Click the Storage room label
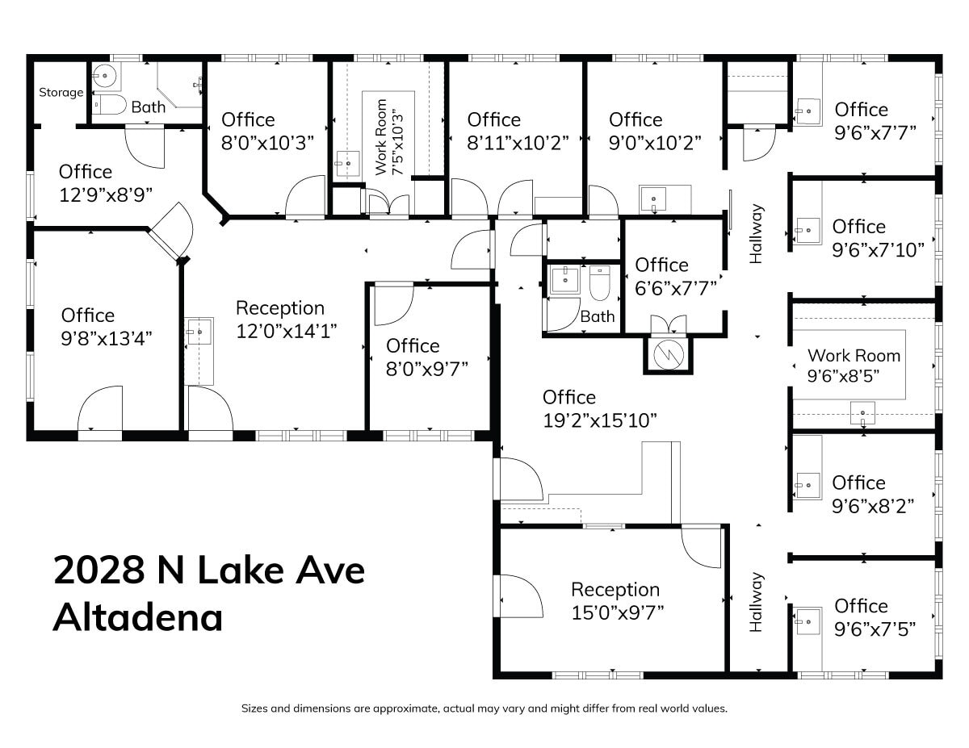coord(61,92)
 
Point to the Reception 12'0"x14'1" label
coord(280,319)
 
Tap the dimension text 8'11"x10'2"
coord(518,141)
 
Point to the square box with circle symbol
coord(667,353)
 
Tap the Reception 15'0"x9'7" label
coord(615,600)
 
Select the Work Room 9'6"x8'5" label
coord(853,365)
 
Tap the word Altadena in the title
coord(138,618)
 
